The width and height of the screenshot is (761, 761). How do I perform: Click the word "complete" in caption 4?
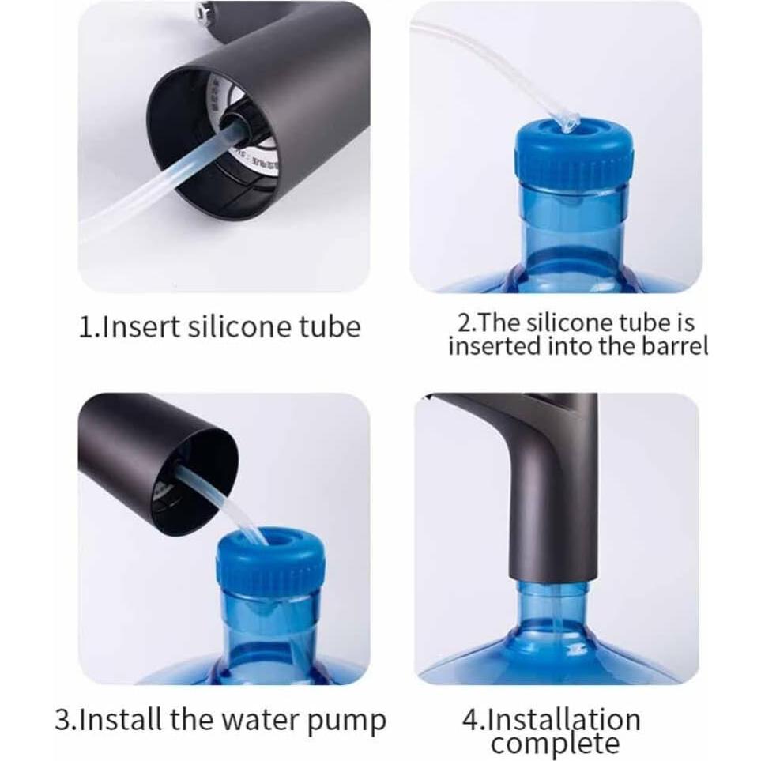pyautogui.click(x=555, y=744)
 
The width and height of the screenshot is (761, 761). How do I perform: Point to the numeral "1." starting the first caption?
pyautogui.click(x=89, y=326)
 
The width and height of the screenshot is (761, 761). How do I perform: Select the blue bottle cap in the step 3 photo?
pyautogui.click(x=271, y=560)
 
